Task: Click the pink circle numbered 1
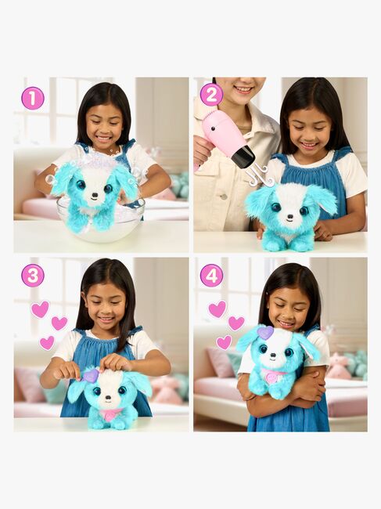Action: (32, 99)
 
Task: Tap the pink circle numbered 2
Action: (211, 95)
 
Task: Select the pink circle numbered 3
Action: (32, 276)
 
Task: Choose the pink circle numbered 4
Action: (211, 276)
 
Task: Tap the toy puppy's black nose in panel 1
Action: (95, 196)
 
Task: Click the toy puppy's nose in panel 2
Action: (290, 215)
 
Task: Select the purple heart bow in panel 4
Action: (265, 333)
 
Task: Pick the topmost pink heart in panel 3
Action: (40, 309)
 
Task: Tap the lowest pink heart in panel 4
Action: (224, 342)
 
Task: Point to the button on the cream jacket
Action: (224, 197)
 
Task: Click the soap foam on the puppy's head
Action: (94, 161)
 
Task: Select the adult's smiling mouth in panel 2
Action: (243, 89)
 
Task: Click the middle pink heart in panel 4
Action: (236, 323)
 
